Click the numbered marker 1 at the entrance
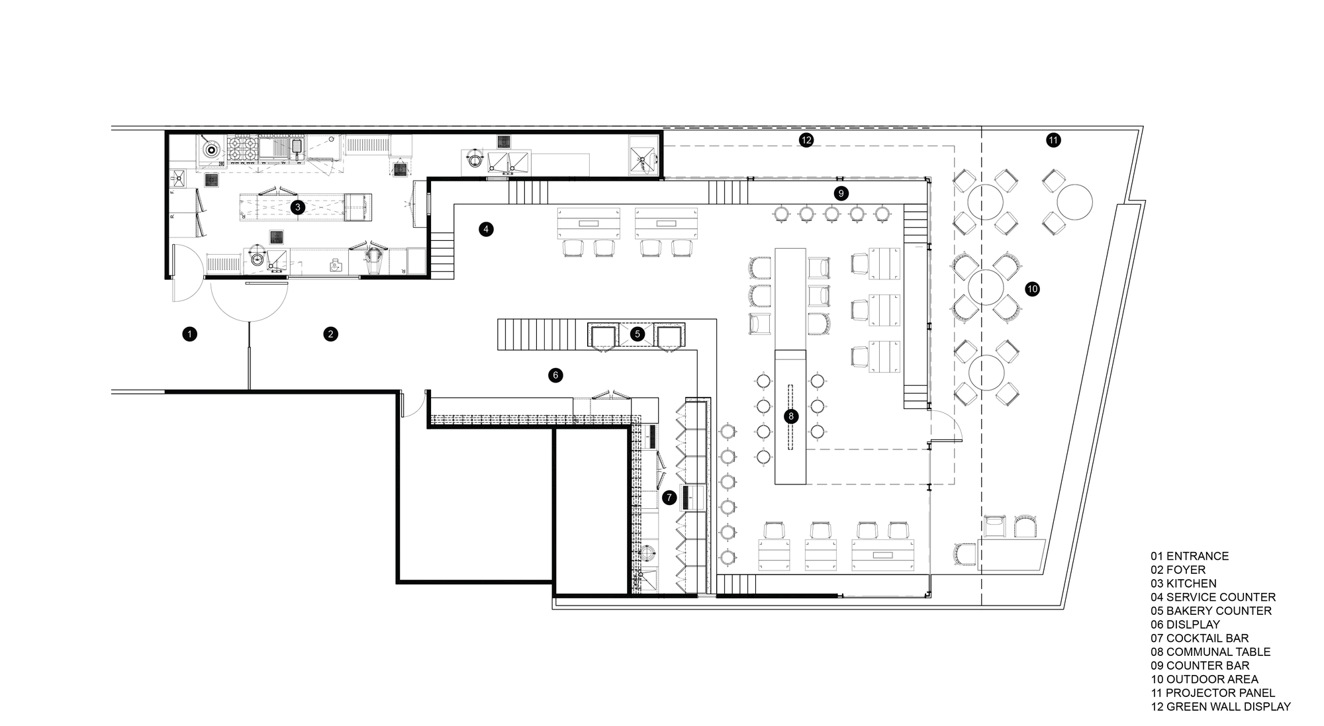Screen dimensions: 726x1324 click(190, 334)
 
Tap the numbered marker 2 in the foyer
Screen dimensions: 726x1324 click(330, 334)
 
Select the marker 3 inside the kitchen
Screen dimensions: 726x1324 click(298, 207)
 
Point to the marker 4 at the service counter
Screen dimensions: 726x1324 click(486, 230)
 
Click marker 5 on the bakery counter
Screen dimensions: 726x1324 click(637, 334)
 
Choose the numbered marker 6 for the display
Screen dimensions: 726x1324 click(555, 375)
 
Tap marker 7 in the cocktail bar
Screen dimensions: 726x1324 click(669, 497)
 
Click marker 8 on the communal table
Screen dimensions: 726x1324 click(790, 416)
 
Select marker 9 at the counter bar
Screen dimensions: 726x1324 click(841, 193)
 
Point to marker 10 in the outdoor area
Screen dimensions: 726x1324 click(1032, 289)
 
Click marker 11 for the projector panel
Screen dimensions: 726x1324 click(1053, 140)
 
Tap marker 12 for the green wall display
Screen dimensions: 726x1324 click(806, 140)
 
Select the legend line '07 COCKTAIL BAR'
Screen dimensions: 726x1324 click(1199, 639)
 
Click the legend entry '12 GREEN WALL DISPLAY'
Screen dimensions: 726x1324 click(1220, 707)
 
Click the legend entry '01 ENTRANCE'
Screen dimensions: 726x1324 click(1189, 557)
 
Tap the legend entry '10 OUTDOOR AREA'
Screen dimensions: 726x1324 click(1204, 680)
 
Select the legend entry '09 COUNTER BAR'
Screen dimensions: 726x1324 click(1200, 666)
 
